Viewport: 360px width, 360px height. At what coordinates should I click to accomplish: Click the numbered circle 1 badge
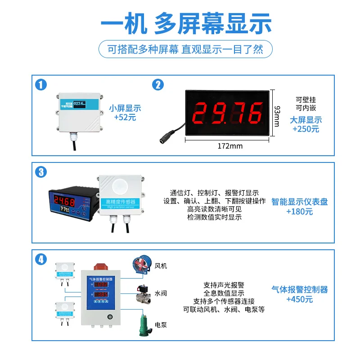(41, 85)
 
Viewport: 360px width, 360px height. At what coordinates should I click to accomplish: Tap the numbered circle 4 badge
(41, 260)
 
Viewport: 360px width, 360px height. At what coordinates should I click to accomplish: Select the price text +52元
(125, 117)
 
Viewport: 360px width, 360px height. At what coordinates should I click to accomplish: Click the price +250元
(306, 129)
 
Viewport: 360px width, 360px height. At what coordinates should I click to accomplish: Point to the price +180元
(299, 211)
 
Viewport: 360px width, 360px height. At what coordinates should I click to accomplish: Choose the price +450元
(299, 299)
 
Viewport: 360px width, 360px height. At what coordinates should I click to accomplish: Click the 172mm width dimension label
(229, 146)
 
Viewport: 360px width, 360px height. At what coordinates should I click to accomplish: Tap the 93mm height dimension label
(277, 116)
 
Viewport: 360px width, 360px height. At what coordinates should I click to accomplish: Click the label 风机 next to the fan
(161, 266)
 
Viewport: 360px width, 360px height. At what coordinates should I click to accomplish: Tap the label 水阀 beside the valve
(161, 293)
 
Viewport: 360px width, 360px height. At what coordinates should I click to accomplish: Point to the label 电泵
(161, 324)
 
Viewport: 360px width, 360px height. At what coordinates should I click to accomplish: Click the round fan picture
(141, 264)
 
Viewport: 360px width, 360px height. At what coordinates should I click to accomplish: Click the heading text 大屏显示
(306, 120)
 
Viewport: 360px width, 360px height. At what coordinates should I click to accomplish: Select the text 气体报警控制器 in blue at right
(299, 289)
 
